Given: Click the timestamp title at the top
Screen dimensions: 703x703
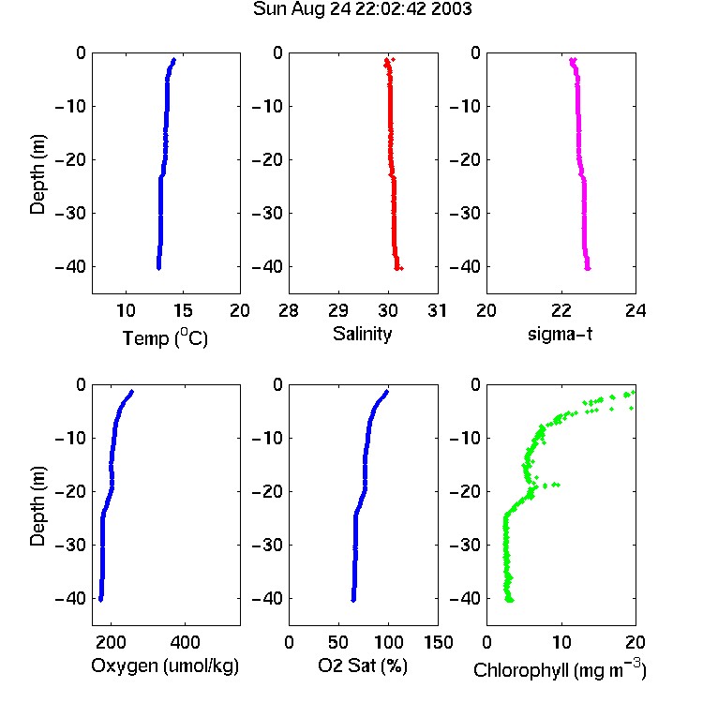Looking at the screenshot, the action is (362, 9).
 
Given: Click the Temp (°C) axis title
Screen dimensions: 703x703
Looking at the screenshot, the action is (165, 338).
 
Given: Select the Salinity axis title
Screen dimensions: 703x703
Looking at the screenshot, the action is (362, 334).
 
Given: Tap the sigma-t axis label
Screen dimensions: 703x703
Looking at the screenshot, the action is (560, 334).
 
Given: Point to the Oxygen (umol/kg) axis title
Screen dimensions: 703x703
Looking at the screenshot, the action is (165, 666).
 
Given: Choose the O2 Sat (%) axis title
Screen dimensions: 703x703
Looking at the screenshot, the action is (363, 666).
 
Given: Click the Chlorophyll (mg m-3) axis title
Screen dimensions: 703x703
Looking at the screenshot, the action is (560, 669).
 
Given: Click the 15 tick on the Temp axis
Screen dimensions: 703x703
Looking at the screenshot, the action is (183, 310).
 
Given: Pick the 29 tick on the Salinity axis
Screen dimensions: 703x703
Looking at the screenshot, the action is (338, 310).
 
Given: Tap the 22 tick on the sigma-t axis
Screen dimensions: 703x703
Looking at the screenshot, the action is (561, 310).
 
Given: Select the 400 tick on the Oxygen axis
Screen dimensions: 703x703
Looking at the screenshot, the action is (185, 642).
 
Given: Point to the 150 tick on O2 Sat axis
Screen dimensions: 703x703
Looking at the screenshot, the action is (438, 642).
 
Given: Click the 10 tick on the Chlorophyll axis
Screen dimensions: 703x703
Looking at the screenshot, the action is (561, 642).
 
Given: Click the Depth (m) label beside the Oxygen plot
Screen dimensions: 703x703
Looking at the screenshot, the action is (37, 506).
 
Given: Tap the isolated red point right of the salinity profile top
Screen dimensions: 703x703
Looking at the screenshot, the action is (393, 59).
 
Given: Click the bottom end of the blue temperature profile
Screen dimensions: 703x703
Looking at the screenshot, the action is (158, 268).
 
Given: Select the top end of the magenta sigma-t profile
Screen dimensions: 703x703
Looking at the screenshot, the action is (572, 60).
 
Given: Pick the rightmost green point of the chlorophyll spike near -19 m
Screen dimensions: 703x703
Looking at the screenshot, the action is (558, 485).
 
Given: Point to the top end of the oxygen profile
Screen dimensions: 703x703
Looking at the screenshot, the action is (132, 392).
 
